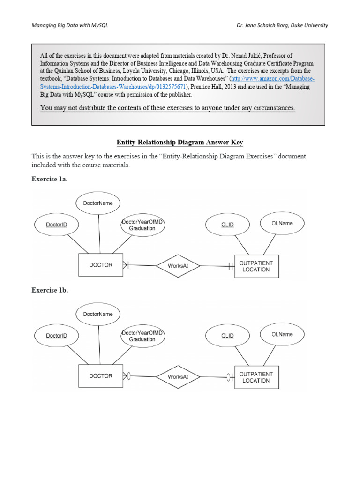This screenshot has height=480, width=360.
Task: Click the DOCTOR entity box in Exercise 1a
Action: (x=100, y=265)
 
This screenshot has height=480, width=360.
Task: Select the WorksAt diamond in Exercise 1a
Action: (x=178, y=266)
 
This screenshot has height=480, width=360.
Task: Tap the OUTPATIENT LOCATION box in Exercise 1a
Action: (x=256, y=266)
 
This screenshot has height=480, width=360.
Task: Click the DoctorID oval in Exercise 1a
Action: (x=56, y=225)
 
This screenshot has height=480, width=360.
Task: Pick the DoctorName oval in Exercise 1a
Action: (x=98, y=203)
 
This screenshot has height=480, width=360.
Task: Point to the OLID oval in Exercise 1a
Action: (x=227, y=225)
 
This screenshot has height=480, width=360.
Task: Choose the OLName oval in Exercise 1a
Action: (x=282, y=223)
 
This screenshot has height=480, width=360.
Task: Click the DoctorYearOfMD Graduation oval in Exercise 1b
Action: (x=142, y=336)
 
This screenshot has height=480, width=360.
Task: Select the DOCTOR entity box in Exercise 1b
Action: (x=100, y=376)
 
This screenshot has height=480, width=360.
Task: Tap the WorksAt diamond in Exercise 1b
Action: (x=178, y=377)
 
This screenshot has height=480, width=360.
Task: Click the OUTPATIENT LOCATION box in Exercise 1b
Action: (x=256, y=377)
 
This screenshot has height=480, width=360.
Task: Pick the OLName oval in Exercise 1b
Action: (x=282, y=334)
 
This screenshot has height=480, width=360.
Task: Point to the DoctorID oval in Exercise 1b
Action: (x=56, y=336)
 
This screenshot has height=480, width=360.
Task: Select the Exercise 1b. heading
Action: (x=50, y=290)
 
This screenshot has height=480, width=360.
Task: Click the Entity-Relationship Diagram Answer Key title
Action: (x=180, y=142)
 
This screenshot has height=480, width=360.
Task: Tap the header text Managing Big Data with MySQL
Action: (x=69, y=25)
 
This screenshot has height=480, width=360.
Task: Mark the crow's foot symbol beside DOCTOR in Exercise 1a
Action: (x=126, y=265)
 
